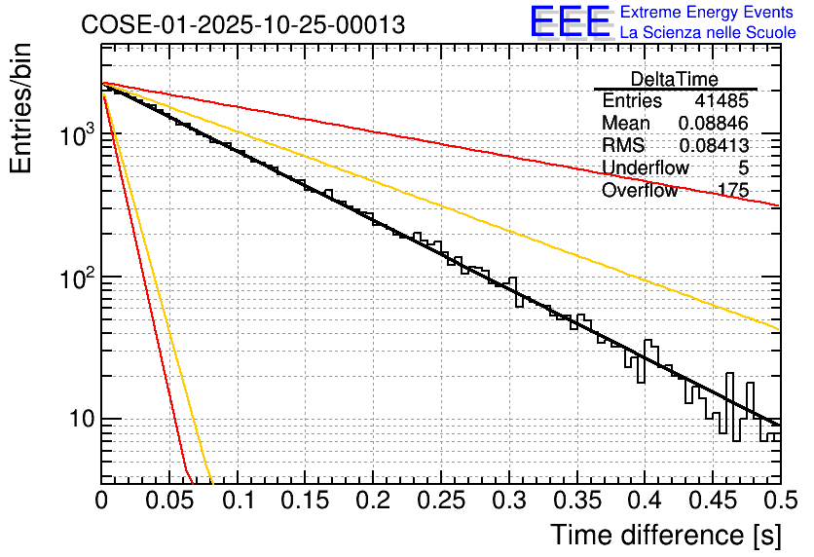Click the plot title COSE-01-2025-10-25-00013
[242, 24]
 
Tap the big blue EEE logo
[570, 23]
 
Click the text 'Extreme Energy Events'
[707, 13]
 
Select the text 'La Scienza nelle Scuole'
[707, 33]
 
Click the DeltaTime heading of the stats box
[675, 79]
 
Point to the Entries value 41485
[721, 100]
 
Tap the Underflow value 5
[744, 167]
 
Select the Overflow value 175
[732, 190]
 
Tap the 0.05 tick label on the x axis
[169, 501]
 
